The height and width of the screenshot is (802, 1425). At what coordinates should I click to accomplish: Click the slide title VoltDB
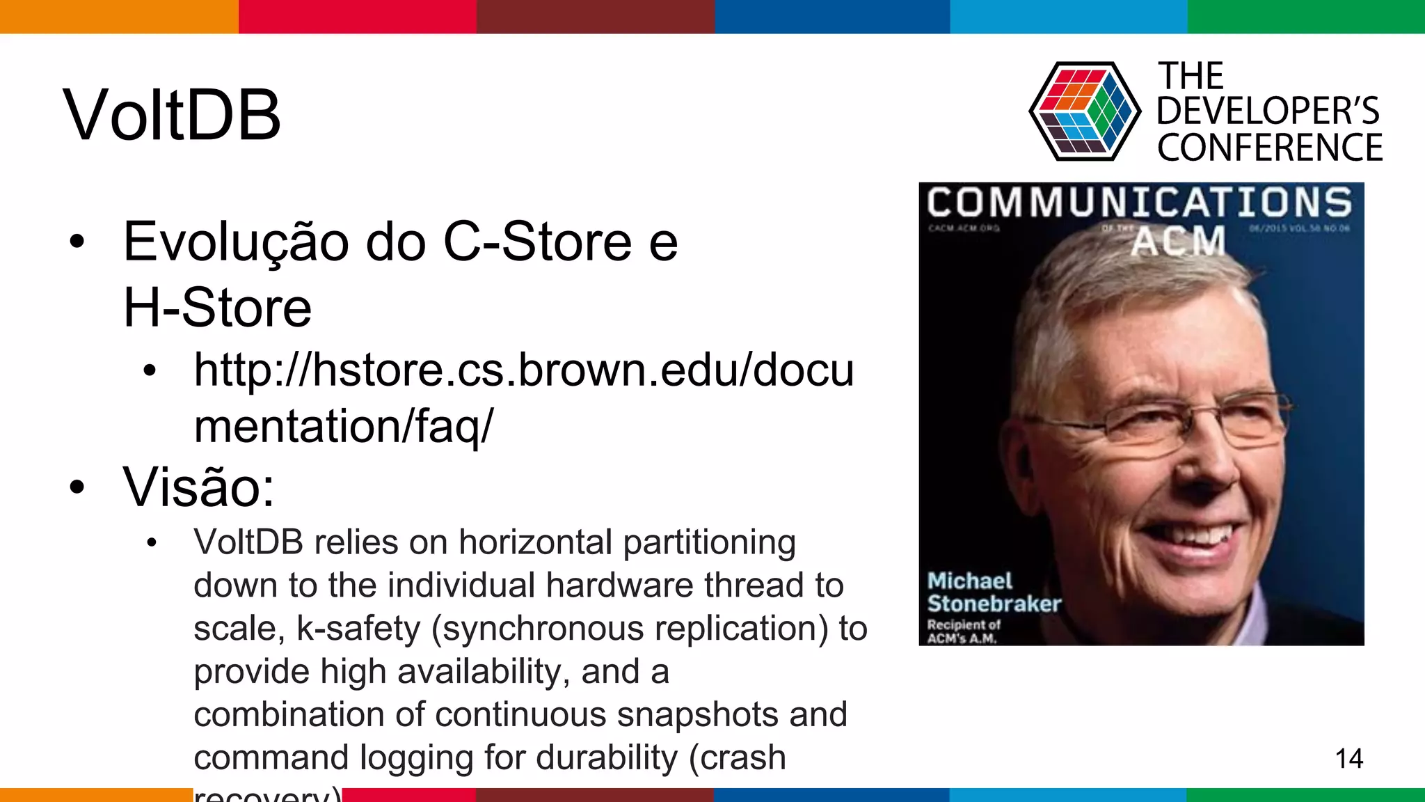[172, 115]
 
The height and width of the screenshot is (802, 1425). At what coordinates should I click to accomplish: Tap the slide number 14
[1348, 758]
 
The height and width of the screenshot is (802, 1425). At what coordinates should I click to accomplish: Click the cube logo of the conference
[1084, 111]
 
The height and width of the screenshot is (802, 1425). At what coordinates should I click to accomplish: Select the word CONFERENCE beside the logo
[1270, 148]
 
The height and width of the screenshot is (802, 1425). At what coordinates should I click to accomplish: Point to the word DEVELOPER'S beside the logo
[1268, 111]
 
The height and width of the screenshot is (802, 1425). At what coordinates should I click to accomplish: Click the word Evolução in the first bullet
[236, 242]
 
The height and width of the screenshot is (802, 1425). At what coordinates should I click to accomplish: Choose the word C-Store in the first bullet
[537, 242]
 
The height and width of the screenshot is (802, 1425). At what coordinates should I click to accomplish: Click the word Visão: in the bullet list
[199, 487]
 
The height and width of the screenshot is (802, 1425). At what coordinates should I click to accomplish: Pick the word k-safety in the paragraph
[358, 628]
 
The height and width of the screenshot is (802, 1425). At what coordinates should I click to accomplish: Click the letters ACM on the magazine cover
[1177, 241]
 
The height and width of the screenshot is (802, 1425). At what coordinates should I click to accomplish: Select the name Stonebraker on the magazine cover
[994, 604]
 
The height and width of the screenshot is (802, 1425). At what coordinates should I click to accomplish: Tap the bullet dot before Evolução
[77, 242]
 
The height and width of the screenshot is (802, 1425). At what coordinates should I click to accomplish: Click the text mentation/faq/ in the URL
[343, 425]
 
